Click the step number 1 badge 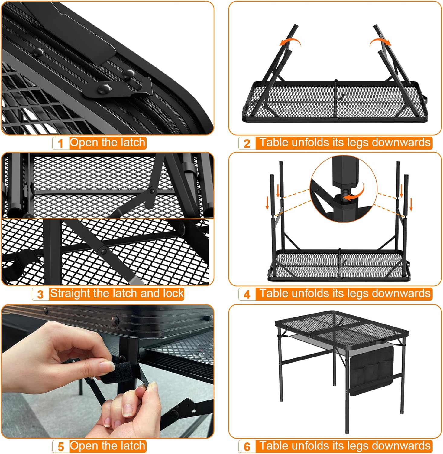61,143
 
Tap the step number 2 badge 247,143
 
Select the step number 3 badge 40,294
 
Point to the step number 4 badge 247,294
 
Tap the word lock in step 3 173,293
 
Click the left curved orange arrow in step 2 289,42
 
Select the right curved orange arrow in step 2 380,42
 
